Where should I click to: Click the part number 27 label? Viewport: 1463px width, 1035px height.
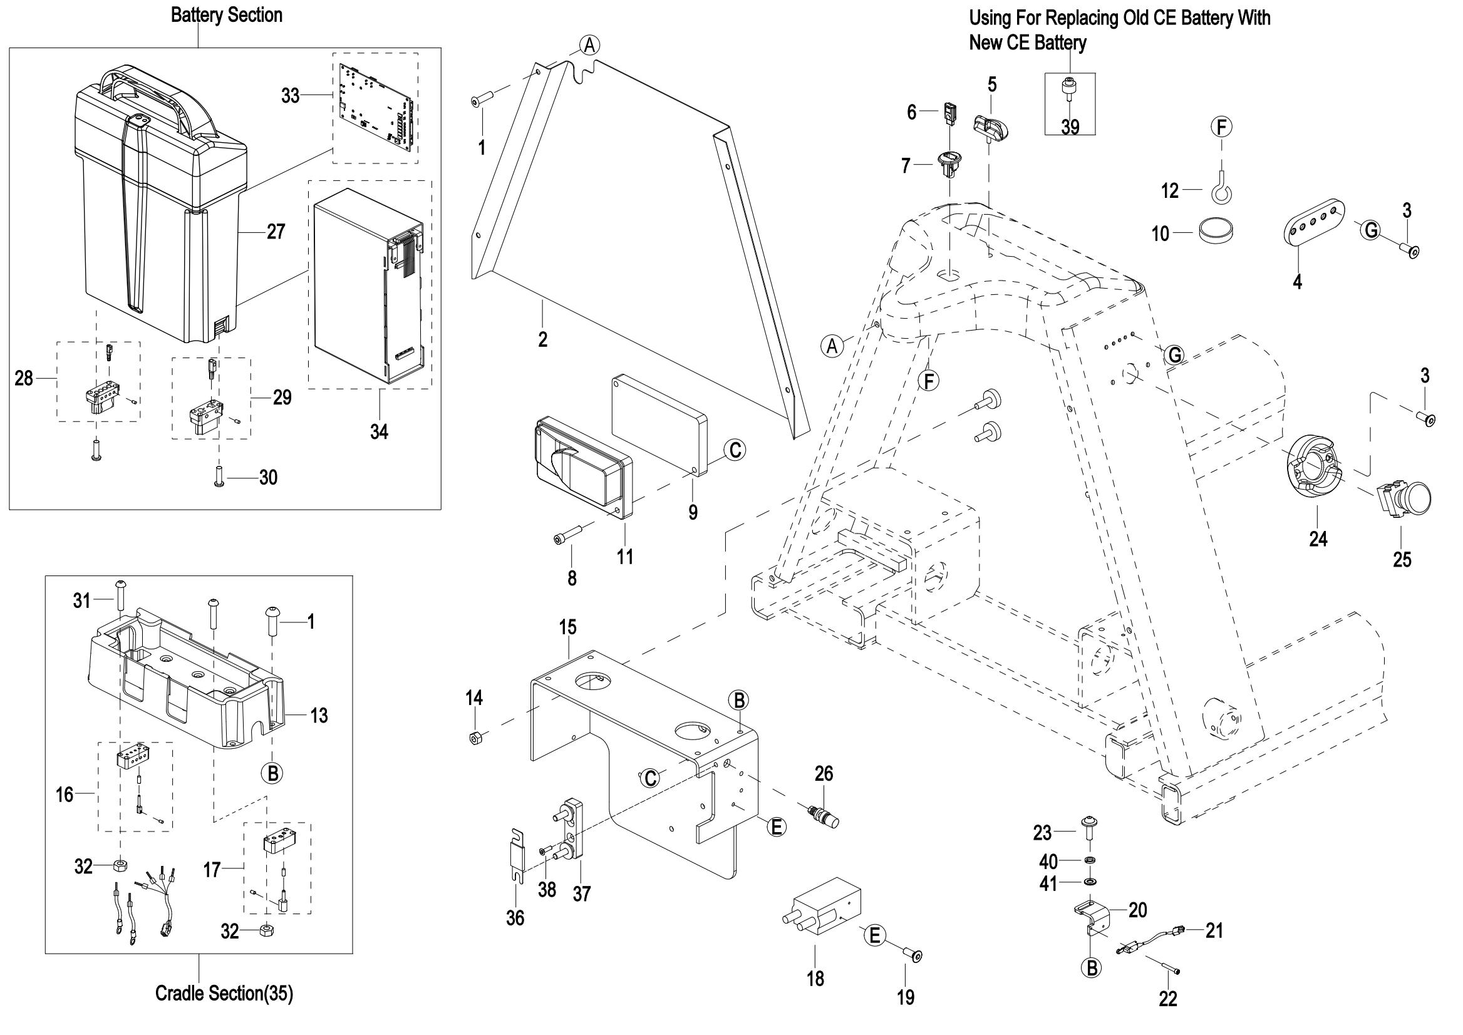pyautogui.click(x=276, y=232)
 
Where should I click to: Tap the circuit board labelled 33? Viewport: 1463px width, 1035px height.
pyautogui.click(x=376, y=108)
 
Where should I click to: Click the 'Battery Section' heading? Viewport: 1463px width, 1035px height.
pyautogui.click(x=226, y=15)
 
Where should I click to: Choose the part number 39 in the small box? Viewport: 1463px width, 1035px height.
pyautogui.click(x=1070, y=128)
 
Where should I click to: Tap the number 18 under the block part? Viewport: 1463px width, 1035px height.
pyautogui.click(x=815, y=979)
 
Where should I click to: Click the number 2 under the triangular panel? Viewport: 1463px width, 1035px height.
pyautogui.click(x=542, y=340)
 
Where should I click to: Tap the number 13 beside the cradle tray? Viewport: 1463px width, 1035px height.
pyautogui.click(x=319, y=716)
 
